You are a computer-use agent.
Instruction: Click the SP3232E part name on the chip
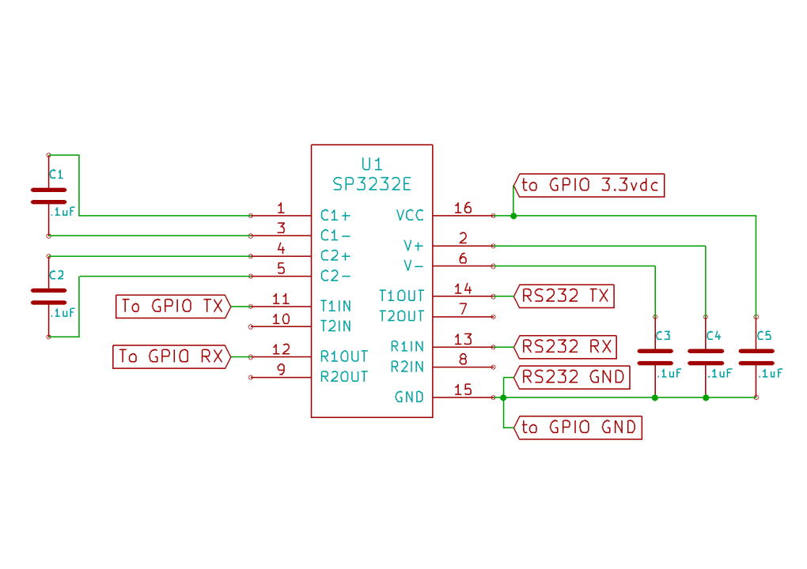pyautogui.click(x=372, y=184)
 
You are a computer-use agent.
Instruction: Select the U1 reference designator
pyautogui.click(x=372, y=164)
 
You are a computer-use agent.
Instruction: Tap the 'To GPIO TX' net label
pyautogui.click(x=172, y=306)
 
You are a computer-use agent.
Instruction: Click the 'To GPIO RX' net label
pyautogui.click(x=172, y=357)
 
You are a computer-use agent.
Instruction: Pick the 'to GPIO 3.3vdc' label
pyautogui.click(x=590, y=186)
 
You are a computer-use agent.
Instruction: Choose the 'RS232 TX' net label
pyautogui.click(x=565, y=296)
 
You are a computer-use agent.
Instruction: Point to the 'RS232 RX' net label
pyautogui.click(x=565, y=346)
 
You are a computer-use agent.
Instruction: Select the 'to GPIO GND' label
pyautogui.click(x=578, y=428)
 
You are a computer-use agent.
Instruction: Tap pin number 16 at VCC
pyautogui.click(x=463, y=209)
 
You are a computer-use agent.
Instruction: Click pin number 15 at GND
pyautogui.click(x=463, y=390)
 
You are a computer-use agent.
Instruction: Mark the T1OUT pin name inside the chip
pyautogui.click(x=402, y=296)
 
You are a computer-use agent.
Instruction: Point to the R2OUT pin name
pyautogui.click(x=344, y=377)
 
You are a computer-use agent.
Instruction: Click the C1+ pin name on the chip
pyautogui.click(x=335, y=215)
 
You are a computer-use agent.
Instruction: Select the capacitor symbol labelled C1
pyautogui.click(x=49, y=196)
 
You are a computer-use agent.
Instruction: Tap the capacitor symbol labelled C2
pyautogui.click(x=49, y=296)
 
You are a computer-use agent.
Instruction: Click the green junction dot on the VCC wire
pyautogui.click(x=513, y=215)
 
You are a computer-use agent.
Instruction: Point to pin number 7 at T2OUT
pyautogui.click(x=464, y=310)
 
